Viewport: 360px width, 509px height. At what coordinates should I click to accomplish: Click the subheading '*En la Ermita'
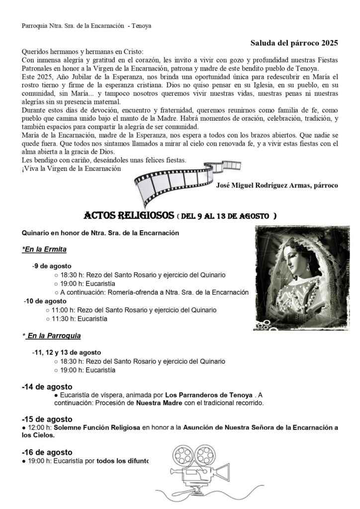tap(44, 249)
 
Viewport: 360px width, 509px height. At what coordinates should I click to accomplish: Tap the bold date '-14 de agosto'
tap(47, 386)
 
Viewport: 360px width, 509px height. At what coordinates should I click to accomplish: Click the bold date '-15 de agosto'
tap(47, 419)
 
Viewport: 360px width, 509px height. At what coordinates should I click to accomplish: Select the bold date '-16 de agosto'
tap(47, 452)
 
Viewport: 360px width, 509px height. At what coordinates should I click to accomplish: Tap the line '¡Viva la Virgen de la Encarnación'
tap(72, 169)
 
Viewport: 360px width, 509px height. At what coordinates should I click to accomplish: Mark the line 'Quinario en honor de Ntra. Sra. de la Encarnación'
tap(100, 232)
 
